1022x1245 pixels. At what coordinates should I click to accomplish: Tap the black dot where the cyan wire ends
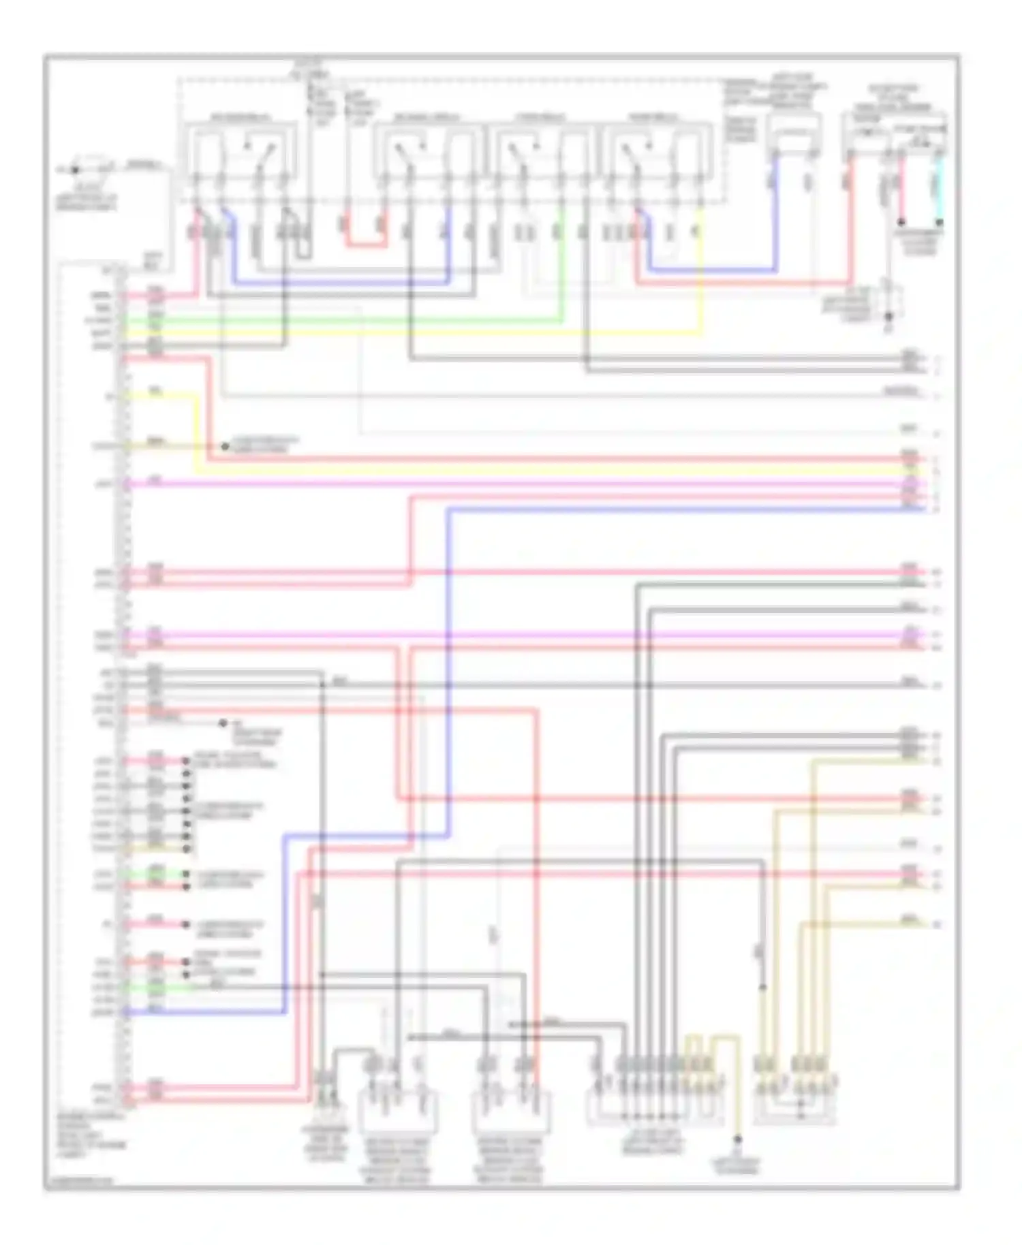940,222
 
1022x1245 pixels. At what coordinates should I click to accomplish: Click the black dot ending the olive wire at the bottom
737,1139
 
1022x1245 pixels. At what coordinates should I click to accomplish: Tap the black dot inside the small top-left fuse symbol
76,170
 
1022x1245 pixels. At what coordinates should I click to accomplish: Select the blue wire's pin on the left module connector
125,1013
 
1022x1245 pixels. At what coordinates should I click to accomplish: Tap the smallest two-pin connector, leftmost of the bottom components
326,1097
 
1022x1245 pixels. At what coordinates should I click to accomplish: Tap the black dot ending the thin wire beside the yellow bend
225,447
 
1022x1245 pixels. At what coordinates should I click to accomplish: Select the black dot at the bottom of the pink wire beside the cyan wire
900,222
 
